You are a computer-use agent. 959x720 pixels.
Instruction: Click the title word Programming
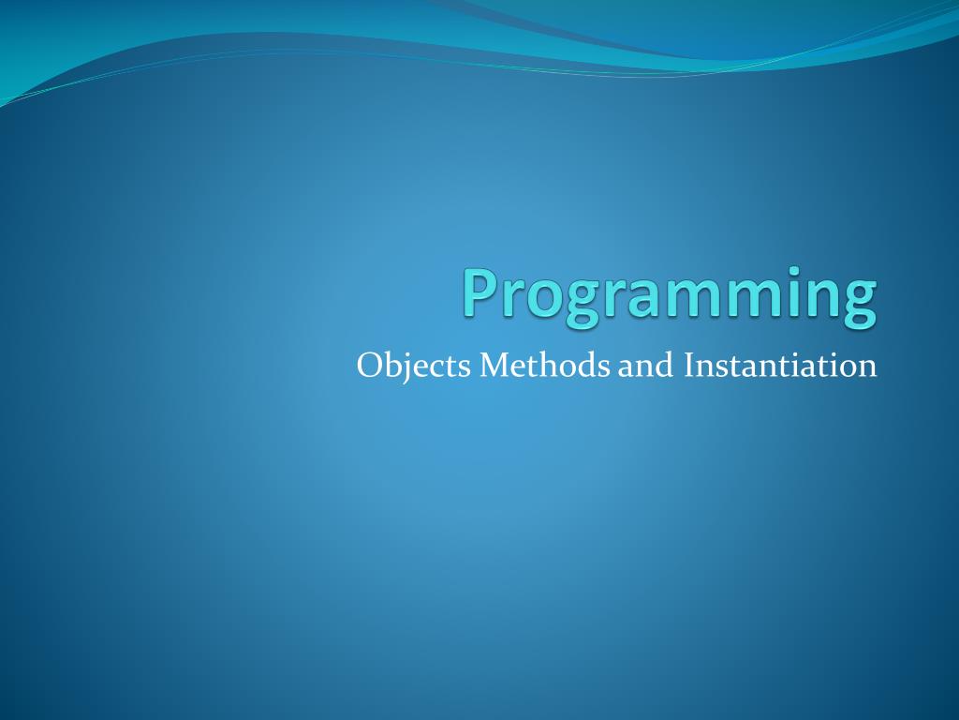[x=670, y=296]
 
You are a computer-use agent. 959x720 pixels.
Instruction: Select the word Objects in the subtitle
[x=413, y=367]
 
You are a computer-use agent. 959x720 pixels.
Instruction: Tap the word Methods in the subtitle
[x=544, y=365]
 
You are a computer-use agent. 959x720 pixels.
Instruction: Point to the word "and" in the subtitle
[x=645, y=365]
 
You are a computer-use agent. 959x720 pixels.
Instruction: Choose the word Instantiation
[x=780, y=365]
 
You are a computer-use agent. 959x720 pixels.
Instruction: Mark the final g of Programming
[x=858, y=305]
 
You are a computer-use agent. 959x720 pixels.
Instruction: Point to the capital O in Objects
[x=370, y=366]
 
